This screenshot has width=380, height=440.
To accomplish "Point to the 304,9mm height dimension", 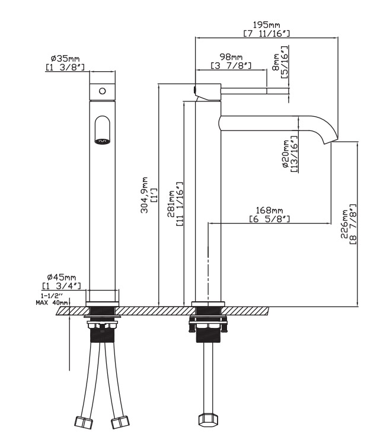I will [152, 195].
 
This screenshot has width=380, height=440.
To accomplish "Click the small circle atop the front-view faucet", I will [102, 91].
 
